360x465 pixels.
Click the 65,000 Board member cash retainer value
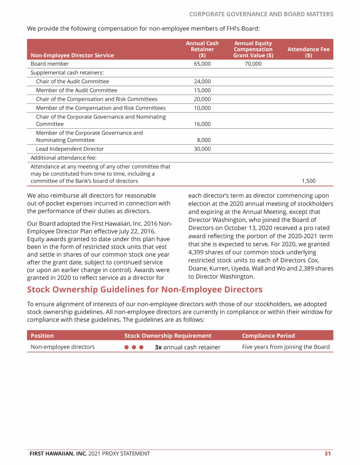tap(202, 64)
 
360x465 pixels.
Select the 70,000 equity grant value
tap(253, 64)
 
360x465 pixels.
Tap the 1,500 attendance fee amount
tap(308, 181)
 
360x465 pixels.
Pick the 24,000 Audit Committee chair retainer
tap(202, 81)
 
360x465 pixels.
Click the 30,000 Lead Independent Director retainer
tap(202, 149)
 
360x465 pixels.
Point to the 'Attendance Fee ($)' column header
tap(308, 52)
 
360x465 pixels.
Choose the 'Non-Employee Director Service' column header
tap(72, 55)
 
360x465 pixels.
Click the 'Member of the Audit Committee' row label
tap(76, 90)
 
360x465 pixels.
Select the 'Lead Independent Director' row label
tap(70, 149)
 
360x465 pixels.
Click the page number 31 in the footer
tap(328, 453)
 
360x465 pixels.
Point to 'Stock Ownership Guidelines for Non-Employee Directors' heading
tap(145, 289)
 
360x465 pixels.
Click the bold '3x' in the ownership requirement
tap(158, 347)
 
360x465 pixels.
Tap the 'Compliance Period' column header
tap(269, 336)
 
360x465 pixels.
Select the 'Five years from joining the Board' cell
tap(286, 347)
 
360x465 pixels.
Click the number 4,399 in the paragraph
tap(197, 252)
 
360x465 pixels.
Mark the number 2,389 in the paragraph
tap(306, 268)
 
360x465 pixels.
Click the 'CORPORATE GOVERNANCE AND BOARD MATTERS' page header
tap(261, 14)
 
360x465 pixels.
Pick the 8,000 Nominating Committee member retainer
tap(203, 140)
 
